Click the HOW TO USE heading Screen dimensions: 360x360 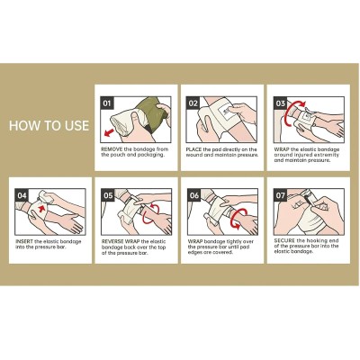tap(49, 125)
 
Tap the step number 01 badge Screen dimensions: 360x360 tap(107, 103)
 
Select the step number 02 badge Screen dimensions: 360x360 tap(193, 103)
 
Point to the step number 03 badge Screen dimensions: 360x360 tap(280, 103)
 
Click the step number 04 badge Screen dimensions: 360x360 tap(22, 195)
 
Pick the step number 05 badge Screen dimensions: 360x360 tap(108, 195)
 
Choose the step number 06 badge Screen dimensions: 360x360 tap(194, 195)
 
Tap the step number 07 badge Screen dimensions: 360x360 tap(281, 195)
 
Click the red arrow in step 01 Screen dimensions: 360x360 tap(110, 132)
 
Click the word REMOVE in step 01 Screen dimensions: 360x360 tap(112, 149)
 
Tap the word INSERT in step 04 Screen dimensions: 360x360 tap(24, 241)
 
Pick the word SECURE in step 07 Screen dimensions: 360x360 tap(284, 240)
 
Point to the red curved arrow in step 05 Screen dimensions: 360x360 tap(150, 213)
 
